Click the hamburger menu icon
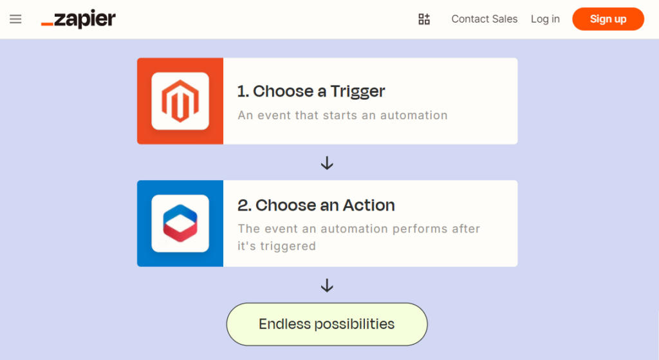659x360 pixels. (x=15, y=19)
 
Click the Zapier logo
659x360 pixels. (x=78, y=19)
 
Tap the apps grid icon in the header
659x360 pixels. (x=424, y=19)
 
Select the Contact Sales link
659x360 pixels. (x=484, y=19)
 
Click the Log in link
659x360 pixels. (x=545, y=19)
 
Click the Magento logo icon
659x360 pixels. (x=180, y=101)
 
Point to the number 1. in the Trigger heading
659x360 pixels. (x=243, y=91)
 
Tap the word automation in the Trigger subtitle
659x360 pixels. (x=413, y=116)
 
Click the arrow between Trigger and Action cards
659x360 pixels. (x=327, y=164)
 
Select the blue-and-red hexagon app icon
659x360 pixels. (x=180, y=223)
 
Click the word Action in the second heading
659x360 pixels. (x=368, y=205)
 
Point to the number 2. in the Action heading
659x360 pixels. (x=244, y=205)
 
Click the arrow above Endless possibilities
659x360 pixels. (x=327, y=285)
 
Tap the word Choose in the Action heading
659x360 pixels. (x=285, y=205)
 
